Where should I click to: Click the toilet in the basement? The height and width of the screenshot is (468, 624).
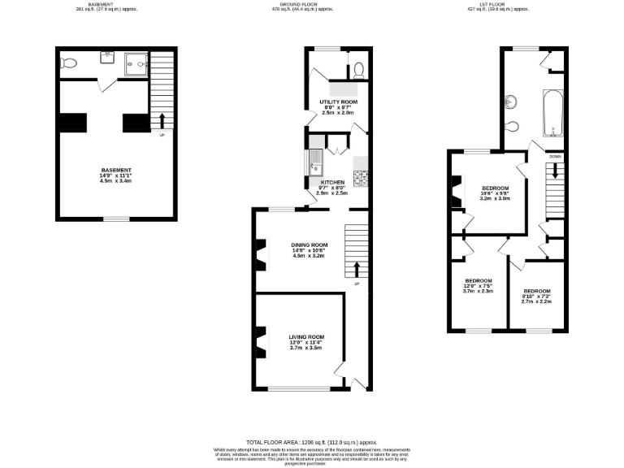click(x=70, y=63)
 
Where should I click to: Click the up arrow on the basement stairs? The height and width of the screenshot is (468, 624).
click(x=162, y=121)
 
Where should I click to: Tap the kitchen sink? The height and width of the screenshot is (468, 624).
click(x=314, y=162)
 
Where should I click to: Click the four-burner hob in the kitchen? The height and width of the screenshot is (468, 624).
click(x=360, y=176)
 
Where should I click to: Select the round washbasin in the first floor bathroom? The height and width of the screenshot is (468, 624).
click(x=511, y=102)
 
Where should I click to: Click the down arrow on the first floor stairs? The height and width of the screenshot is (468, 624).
click(x=555, y=171)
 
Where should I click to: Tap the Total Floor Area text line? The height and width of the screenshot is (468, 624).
click(x=311, y=441)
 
